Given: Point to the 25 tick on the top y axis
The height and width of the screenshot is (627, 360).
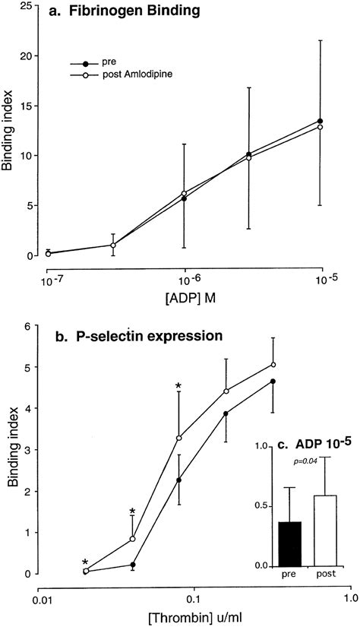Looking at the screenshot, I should click(x=27, y=6).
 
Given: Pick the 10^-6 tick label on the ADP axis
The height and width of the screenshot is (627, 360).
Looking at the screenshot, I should click(x=184, y=271).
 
